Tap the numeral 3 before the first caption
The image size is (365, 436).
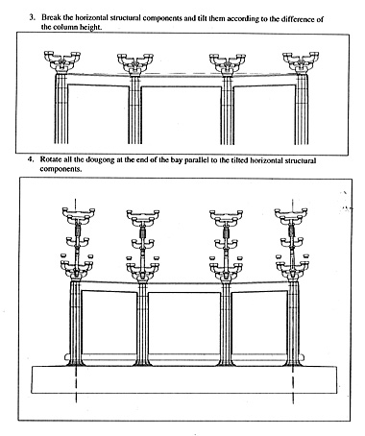32,17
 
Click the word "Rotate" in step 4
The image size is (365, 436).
50,159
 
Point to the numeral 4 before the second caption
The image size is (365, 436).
31,159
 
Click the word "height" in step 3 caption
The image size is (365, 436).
90,27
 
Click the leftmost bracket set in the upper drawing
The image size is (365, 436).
62,61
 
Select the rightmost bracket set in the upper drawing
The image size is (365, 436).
301,62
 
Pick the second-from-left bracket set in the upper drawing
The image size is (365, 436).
135,64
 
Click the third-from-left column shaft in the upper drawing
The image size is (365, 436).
228,110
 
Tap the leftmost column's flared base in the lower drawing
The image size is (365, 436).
76,362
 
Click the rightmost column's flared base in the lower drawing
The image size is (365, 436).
293,362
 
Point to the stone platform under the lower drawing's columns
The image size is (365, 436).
184,379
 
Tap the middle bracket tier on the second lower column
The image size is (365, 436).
143,244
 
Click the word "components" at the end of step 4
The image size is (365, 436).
61,169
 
